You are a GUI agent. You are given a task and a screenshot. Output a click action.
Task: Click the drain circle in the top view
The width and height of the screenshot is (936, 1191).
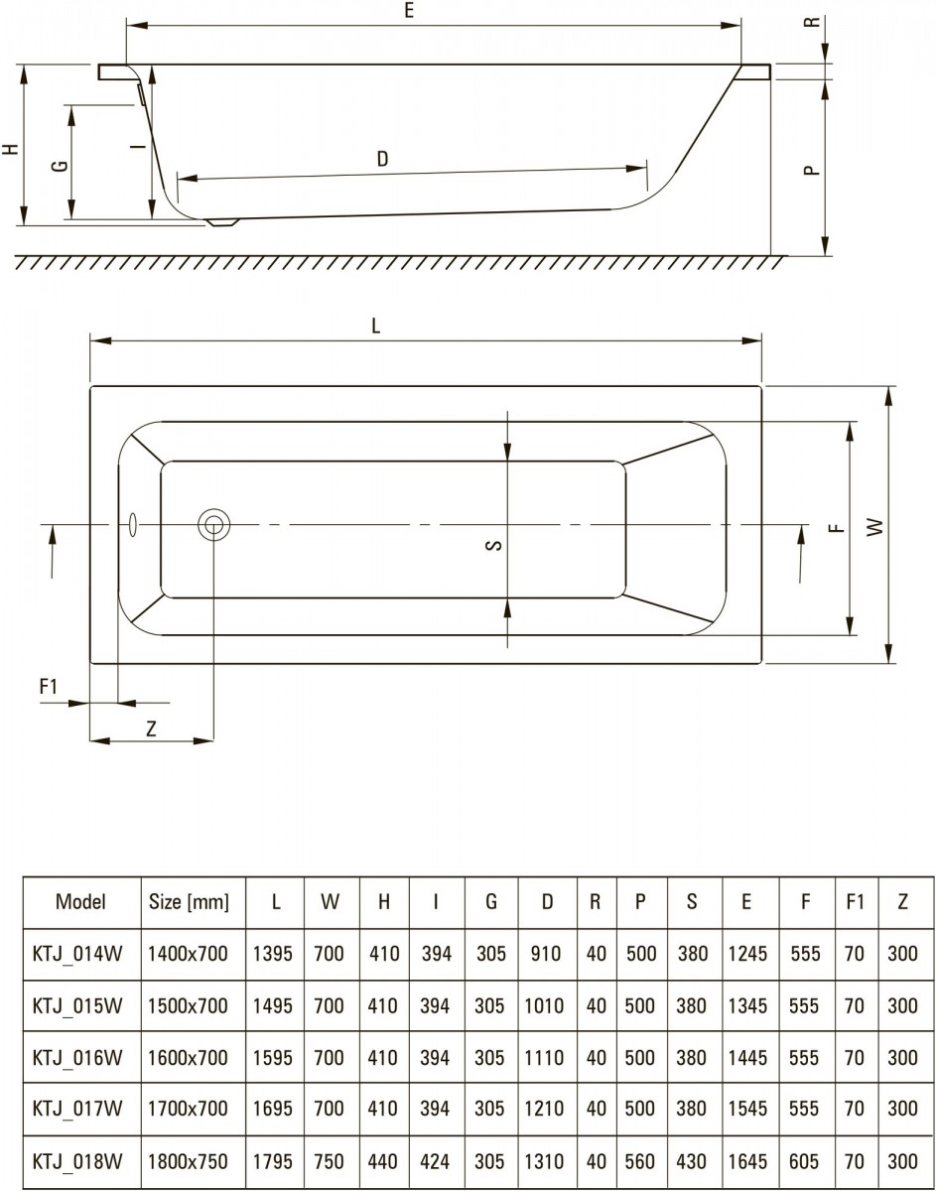click(213, 524)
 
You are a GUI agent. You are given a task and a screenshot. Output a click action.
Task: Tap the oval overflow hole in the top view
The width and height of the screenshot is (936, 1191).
click(133, 524)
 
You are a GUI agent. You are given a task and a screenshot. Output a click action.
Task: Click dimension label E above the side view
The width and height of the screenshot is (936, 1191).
click(409, 10)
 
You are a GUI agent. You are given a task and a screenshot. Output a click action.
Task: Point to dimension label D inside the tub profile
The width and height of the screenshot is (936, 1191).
click(382, 159)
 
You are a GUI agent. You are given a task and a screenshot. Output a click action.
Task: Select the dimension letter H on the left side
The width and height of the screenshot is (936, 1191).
click(11, 149)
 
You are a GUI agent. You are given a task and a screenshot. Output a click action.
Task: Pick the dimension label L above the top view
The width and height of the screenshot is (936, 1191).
click(375, 327)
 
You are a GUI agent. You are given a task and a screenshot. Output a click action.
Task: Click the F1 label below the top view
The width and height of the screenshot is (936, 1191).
click(49, 686)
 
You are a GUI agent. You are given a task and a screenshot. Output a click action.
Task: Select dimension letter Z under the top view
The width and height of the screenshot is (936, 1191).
click(151, 728)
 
